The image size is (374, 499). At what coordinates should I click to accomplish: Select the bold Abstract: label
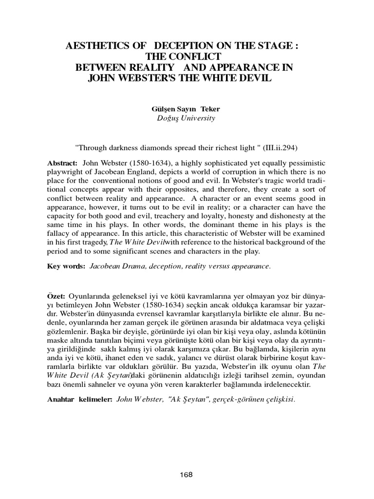coord(63,162)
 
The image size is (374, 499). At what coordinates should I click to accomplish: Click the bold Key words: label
coord(66,267)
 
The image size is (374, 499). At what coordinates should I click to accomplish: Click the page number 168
coord(187,475)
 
